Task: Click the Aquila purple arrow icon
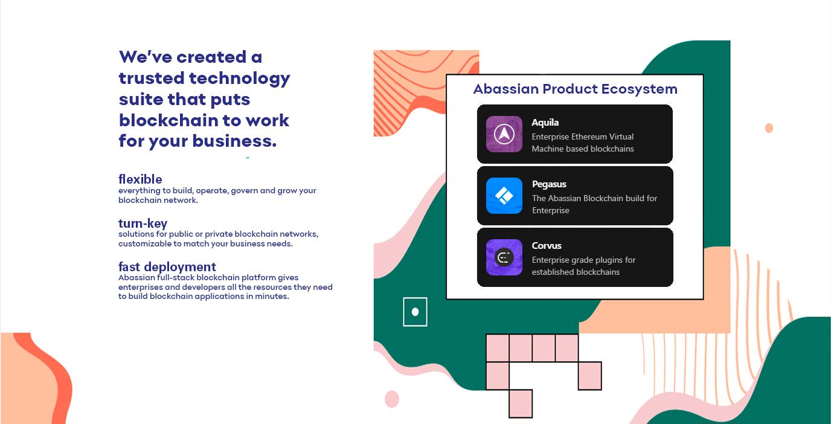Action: [504, 134]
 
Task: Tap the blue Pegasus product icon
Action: [504, 196]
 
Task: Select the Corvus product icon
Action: [504, 257]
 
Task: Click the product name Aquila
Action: [545, 123]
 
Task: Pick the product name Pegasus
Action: [549, 184]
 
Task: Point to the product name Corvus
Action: [547, 246]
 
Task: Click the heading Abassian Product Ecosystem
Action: [576, 89]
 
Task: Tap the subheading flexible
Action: [140, 179]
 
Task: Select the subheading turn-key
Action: [143, 223]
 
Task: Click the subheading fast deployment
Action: [167, 267]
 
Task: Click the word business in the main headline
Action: [234, 141]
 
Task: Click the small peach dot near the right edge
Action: [769, 128]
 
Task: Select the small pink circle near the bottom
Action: [392, 399]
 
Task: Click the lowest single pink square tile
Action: [521, 403]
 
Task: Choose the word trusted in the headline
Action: [152, 79]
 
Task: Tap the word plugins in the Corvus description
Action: [603, 260]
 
